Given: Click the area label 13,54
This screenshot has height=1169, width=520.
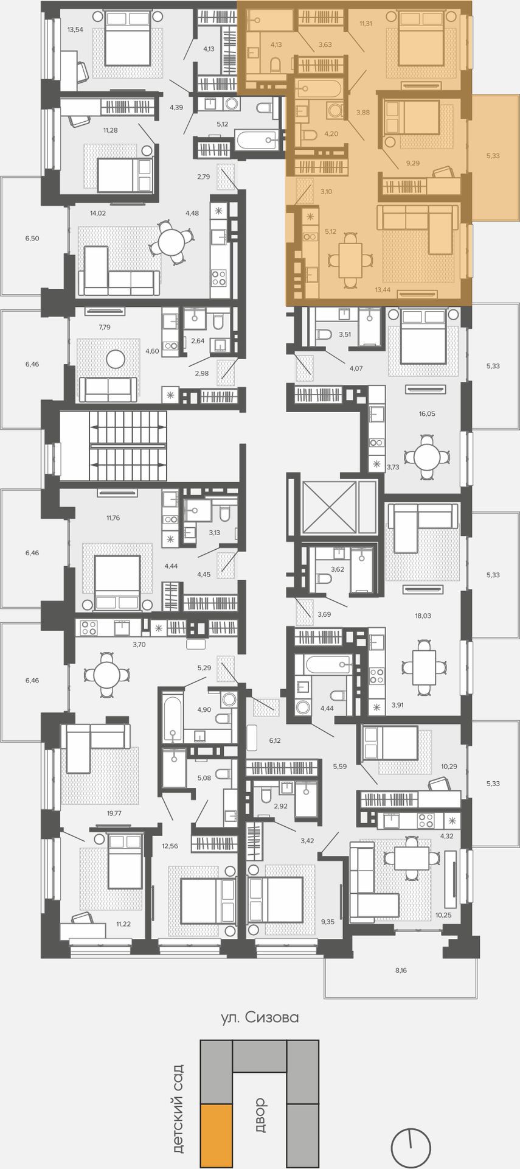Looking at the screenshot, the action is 75,29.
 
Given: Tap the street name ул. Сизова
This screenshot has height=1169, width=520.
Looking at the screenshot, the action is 260,1017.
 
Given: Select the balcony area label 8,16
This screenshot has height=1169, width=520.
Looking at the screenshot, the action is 401,970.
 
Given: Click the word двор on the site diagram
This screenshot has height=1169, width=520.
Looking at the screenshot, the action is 260,1115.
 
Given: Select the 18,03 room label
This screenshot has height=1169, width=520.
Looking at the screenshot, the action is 423,616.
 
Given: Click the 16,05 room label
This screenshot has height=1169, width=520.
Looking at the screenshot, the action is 427,413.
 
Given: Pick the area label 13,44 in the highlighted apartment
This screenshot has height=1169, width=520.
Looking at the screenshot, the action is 383,289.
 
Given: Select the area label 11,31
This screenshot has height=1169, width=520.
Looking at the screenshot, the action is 366,24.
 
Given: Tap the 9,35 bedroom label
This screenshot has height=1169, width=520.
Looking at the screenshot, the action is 328,921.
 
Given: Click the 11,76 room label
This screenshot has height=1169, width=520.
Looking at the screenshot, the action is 113,518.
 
